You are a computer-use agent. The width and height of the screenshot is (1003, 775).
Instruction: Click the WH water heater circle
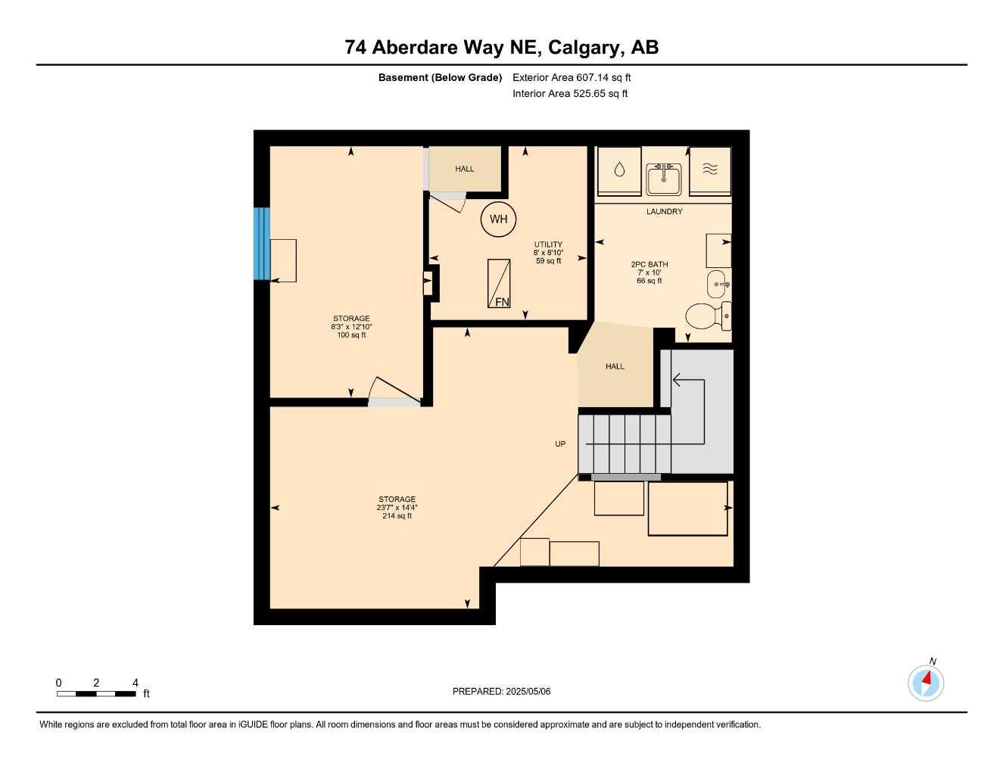[x=498, y=219]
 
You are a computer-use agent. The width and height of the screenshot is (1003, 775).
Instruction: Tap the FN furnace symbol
[x=499, y=283]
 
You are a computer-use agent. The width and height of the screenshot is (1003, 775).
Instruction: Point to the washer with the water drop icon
[x=619, y=171]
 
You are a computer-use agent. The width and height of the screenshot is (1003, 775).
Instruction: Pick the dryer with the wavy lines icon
[x=710, y=171]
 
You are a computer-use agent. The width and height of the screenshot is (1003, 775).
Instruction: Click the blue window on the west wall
[x=261, y=244]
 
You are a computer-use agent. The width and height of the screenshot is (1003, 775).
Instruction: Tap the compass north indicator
[x=926, y=682]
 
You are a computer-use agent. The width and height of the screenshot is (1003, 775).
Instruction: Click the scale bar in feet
[x=96, y=693]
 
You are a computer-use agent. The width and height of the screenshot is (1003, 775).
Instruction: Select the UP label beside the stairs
[x=560, y=444]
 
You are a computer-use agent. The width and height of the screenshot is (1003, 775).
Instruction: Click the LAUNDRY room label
[x=664, y=212]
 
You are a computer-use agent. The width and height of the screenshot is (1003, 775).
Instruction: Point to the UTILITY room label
[x=548, y=244]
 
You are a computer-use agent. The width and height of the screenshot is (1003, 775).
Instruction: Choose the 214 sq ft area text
[x=397, y=516]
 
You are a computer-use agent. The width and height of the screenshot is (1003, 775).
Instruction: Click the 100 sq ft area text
[x=351, y=335]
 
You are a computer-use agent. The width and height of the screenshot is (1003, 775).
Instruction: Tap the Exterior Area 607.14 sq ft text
[x=572, y=77]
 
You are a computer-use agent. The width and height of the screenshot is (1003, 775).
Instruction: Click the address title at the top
[x=501, y=47]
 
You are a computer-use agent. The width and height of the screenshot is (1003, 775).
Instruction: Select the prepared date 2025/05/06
[x=501, y=691]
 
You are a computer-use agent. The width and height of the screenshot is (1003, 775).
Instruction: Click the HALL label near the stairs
[x=615, y=366]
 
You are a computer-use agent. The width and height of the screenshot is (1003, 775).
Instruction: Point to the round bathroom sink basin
[x=716, y=285]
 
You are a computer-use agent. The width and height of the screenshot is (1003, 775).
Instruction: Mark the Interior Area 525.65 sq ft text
[x=570, y=94]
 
